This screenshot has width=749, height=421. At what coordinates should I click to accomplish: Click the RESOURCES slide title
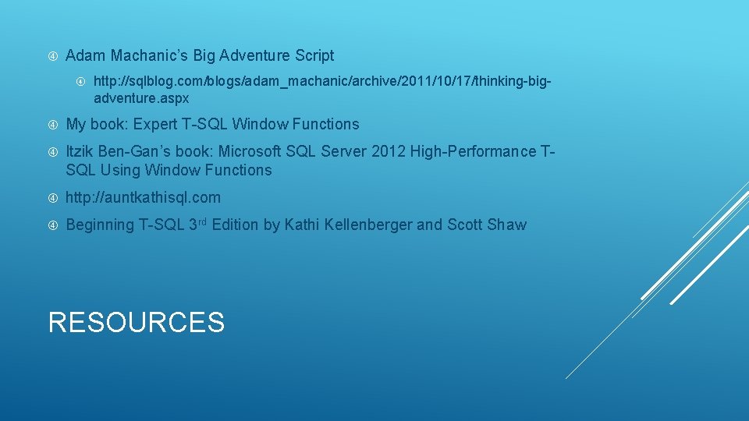(x=137, y=322)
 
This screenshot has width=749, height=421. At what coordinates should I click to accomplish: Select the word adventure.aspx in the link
(x=141, y=99)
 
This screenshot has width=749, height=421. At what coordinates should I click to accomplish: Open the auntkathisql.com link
(x=144, y=197)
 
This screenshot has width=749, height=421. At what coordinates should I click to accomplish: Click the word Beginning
(x=100, y=225)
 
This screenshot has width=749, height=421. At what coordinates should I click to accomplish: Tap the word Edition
(x=236, y=225)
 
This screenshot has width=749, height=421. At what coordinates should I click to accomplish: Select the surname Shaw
(x=507, y=225)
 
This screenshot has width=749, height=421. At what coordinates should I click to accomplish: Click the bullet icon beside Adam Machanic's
(x=51, y=56)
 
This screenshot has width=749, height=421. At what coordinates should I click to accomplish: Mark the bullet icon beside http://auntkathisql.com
(x=51, y=198)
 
